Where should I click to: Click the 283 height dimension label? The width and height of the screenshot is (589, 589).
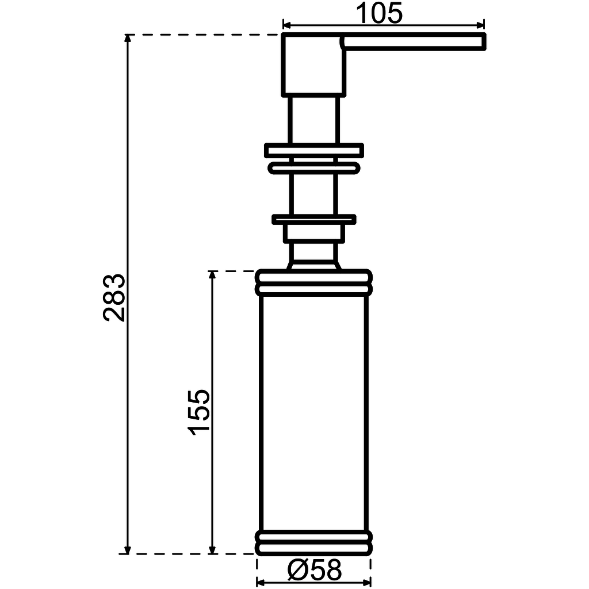(x=114, y=297)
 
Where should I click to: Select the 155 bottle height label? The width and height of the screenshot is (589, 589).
(x=198, y=412)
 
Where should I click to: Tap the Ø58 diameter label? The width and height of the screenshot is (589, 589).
(x=315, y=570)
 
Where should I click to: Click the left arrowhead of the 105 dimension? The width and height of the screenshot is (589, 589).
(x=286, y=25)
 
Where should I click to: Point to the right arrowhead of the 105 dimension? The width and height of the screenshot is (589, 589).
(x=480, y=25)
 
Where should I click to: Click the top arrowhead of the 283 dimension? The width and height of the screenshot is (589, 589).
(x=128, y=39)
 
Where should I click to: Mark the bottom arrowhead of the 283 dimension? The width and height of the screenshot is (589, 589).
(x=128, y=549)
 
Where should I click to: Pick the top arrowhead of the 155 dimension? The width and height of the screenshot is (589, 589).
(x=212, y=275)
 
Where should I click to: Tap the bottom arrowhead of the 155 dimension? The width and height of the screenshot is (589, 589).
(x=212, y=549)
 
